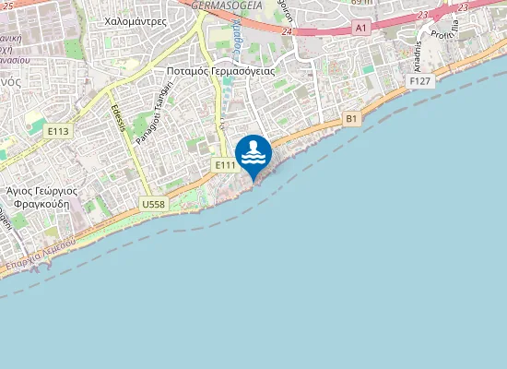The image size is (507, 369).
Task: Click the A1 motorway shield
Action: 360,30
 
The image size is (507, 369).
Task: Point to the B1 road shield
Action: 351,119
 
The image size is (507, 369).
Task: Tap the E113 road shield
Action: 58,132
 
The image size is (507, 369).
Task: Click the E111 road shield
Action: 225,164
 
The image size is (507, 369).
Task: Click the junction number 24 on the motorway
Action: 288,31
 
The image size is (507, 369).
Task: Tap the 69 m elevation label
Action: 361,3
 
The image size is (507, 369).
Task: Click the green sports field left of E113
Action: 34,117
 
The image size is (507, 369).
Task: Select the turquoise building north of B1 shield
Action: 368,68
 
